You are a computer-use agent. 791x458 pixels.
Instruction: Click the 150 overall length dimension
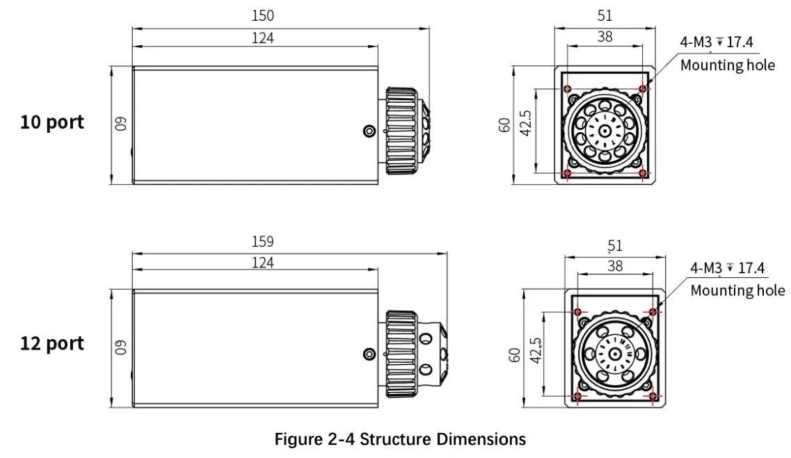[262, 15]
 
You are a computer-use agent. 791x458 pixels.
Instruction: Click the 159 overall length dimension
[262, 242]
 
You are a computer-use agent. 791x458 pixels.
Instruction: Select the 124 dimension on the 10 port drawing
[262, 38]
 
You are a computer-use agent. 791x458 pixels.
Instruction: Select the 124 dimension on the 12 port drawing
[262, 263]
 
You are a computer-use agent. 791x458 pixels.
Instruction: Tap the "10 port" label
[52, 122]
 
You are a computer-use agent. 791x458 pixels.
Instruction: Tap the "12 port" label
[52, 343]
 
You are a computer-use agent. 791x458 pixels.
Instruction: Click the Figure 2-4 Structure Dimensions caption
[400, 439]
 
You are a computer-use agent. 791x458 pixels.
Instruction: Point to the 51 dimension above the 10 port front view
[605, 15]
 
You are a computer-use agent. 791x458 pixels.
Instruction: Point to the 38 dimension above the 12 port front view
[615, 265]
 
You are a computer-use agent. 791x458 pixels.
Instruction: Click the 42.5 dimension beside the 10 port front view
[526, 124]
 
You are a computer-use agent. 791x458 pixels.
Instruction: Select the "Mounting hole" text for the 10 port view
[727, 65]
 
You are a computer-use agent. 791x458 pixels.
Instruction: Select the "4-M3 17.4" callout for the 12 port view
[727, 268]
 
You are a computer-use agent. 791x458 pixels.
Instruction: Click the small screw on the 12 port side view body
[369, 354]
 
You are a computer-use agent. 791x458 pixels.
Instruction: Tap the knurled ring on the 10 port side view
[402, 131]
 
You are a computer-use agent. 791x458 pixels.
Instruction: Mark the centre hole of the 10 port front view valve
[605, 130]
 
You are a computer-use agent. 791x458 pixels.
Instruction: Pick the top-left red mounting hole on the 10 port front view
[568, 89]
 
